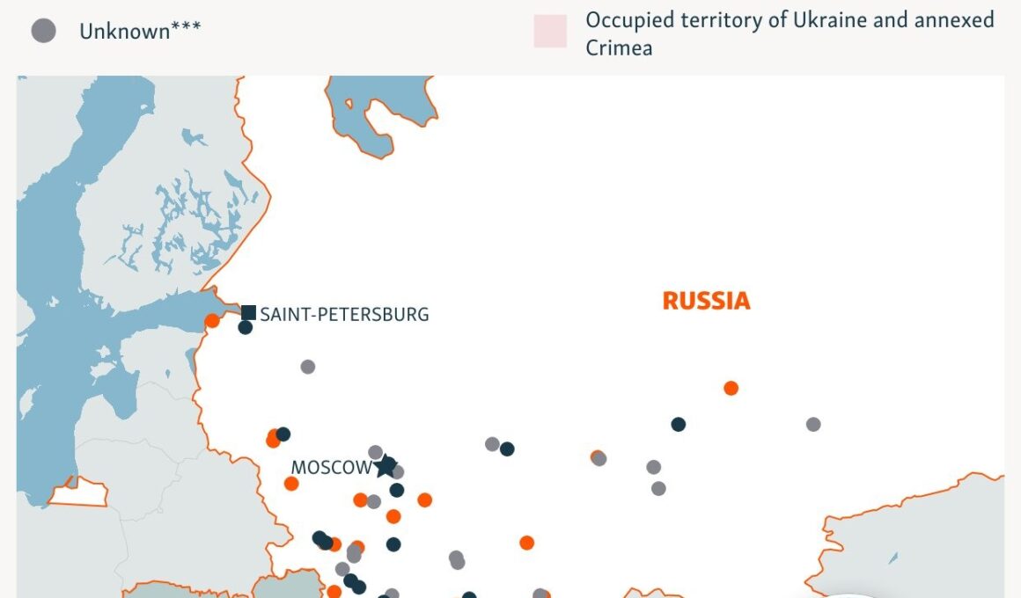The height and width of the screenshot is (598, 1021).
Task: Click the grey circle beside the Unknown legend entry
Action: coord(43,31)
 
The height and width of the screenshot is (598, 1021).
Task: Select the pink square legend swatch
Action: coord(550,31)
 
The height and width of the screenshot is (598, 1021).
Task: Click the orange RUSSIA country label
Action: coord(706,301)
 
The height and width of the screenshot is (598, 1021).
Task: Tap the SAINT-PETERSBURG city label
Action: coord(344,314)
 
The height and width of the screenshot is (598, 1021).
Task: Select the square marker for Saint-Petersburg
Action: coord(249,312)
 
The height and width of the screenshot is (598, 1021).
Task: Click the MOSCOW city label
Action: coord(331,468)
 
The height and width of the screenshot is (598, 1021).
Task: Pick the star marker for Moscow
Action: coord(386,466)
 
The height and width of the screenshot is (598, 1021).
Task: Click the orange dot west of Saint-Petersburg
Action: coord(212,321)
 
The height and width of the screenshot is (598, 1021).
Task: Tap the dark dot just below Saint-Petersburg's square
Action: coord(246,328)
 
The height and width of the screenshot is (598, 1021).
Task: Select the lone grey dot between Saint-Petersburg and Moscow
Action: coord(307,367)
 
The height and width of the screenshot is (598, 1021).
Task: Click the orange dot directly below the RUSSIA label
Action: coord(731,388)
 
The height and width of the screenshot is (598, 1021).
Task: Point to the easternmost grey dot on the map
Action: coord(813,424)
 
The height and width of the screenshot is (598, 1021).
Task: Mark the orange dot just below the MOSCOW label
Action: coord(291,484)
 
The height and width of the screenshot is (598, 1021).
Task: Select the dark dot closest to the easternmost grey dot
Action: coord(678,424)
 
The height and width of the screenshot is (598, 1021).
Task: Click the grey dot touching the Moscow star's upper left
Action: coord(376,452)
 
